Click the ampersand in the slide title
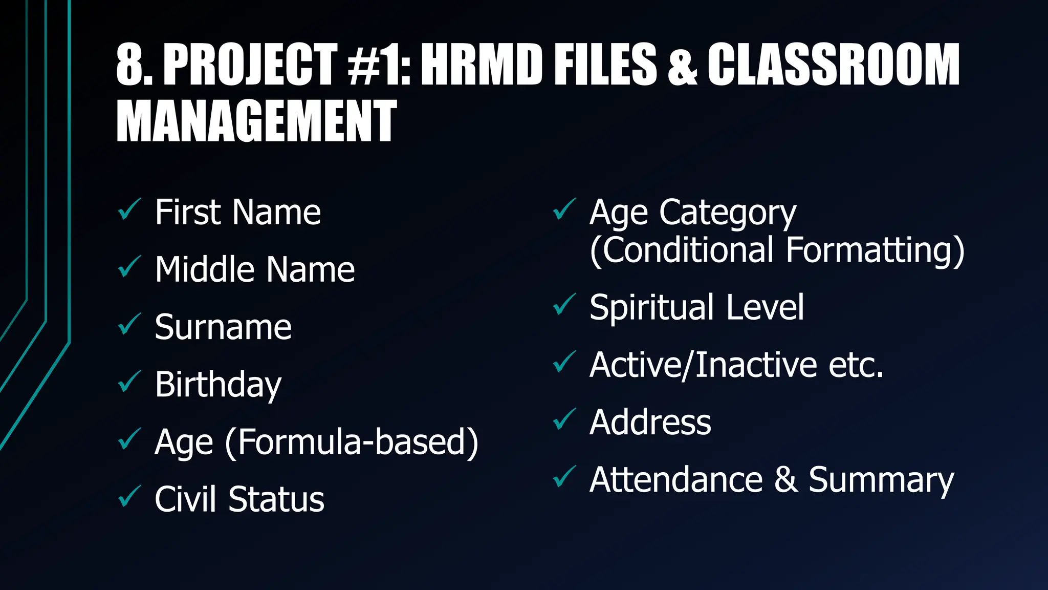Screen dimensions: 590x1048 682,65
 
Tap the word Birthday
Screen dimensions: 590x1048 218,385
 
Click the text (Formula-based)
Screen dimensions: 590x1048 352,441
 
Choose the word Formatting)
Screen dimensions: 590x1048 875,251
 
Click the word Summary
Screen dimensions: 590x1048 881,480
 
